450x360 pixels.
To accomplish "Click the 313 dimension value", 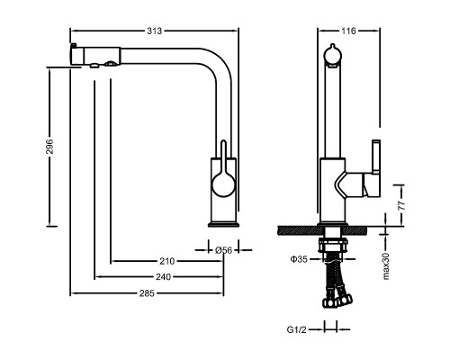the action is [154, 31].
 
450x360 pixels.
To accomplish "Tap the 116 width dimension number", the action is [348, 31].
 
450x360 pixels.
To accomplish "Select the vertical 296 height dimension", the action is [49, 147].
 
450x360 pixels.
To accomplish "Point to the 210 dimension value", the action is [166, 261].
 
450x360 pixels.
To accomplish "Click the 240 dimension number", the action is [163, 277].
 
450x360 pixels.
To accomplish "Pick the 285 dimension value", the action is [147, 293].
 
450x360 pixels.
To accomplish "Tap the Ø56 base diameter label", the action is [224, 250].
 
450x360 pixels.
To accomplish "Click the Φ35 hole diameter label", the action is [299, 259].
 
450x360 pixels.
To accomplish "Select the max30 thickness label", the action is [386, 266].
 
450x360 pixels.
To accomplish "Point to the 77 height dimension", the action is [401, 205].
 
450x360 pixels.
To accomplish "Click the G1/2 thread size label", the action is [297, 329].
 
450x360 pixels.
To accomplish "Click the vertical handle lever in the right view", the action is [376, 157].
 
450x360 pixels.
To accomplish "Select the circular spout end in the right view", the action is [332, 56].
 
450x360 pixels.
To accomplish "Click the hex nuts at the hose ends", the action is [337, 301].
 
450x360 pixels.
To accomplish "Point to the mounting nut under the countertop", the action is [333, 245].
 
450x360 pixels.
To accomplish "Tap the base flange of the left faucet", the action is [223, 224].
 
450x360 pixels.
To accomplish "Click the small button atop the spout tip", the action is [73, 46].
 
